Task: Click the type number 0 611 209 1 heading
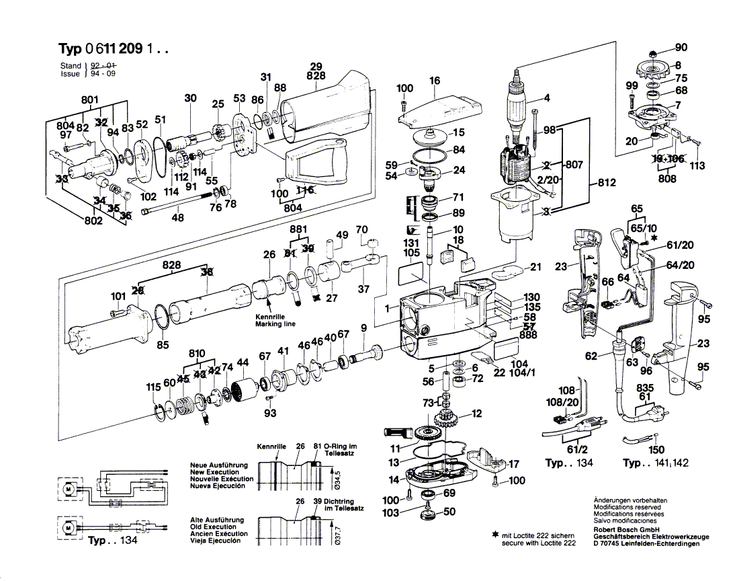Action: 112,49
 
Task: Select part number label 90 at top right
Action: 681,47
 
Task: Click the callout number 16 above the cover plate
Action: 435,81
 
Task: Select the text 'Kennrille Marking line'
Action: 275,320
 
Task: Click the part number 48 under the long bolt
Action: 177,217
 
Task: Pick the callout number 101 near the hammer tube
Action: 118,296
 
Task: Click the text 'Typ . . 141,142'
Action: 655,463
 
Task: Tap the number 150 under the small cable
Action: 656,449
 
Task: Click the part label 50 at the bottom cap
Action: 449,512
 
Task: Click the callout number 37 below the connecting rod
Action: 363,289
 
